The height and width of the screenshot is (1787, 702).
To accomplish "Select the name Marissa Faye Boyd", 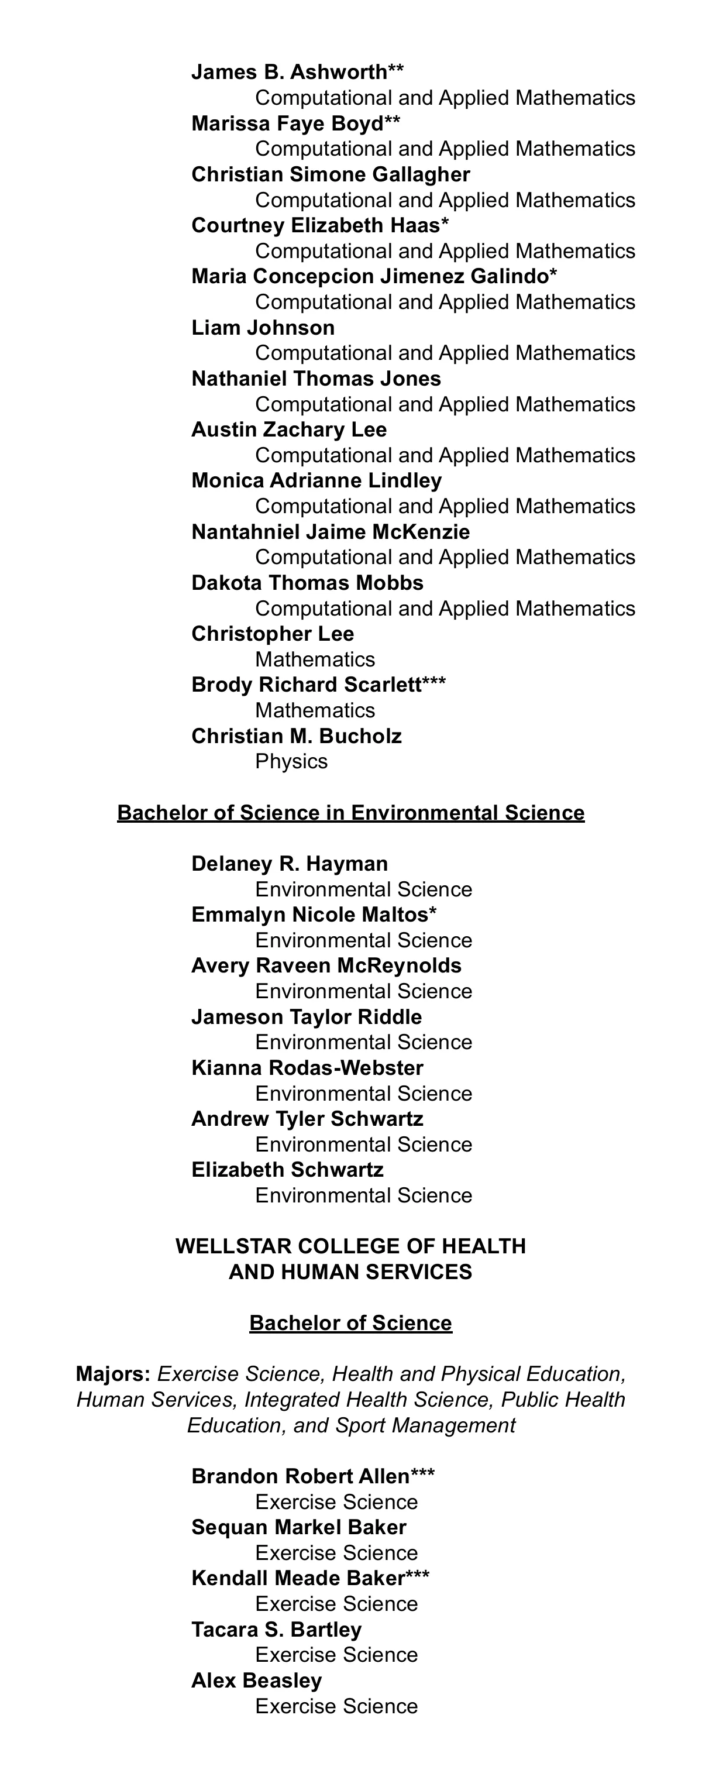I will tap(287, 123).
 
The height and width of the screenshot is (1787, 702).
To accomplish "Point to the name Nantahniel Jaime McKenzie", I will tap(330, 532).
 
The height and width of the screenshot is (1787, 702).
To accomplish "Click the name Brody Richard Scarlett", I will tap(307, 685).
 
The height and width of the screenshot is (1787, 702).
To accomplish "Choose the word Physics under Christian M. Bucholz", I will tap(291, 761).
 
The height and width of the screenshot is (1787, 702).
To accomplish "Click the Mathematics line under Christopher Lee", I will tap(315, 659).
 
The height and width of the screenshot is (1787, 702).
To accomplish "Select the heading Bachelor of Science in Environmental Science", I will tap(351, 812).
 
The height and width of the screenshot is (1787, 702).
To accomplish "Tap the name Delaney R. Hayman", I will tap(289, 864).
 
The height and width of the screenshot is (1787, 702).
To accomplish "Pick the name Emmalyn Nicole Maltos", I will tap(310, 915).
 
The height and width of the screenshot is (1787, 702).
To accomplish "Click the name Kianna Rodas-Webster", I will tap(307, 1068).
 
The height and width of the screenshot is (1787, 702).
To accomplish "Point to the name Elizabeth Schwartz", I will tap(287, 1170).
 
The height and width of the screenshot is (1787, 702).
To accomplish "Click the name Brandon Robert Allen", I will tap(300, 1476).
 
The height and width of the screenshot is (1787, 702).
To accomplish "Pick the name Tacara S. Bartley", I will tap(276, 1629).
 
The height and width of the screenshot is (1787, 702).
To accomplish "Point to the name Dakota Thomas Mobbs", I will tap(307, 583).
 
